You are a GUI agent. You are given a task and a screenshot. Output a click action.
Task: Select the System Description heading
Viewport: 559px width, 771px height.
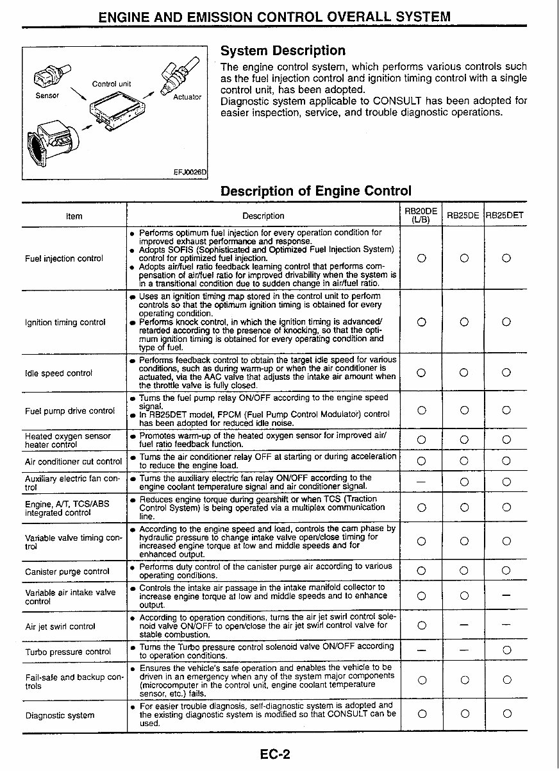(x=283, y=51)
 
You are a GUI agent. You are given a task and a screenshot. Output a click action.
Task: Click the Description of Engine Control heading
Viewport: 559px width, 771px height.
(x=315, y=191)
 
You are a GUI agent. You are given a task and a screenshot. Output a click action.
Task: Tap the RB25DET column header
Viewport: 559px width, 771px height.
(x=505, y=216)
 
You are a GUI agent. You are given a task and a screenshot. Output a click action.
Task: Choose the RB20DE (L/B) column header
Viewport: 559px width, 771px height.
(x=421, y=216)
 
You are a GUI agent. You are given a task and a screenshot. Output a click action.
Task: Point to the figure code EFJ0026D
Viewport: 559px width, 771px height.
(x=190, y=172)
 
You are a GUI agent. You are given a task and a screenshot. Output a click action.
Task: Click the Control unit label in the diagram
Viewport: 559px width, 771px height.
(x=112, y=84)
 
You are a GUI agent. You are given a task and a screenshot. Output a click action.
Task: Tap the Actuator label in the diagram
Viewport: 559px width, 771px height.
(x=187, y=97)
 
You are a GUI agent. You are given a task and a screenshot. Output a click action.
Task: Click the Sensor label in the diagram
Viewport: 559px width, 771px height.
(x=47, y=95)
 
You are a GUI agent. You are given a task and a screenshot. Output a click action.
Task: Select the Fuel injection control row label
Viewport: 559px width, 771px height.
(x=63, y=258)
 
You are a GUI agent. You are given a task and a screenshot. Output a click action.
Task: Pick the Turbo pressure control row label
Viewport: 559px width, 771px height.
(x=67, y=652)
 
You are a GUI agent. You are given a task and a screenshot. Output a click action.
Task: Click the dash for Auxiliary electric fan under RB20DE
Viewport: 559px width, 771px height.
(x=421, y=482)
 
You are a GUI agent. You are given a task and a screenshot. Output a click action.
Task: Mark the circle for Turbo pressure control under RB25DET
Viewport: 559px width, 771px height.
(x=506, y=650)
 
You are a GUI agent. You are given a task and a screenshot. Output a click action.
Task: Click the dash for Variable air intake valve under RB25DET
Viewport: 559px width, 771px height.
(x=506, y=596)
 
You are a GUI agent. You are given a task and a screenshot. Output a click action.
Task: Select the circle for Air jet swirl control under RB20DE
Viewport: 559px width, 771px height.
(x=421, y=625)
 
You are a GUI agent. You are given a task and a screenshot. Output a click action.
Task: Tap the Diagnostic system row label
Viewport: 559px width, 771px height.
(x=60, y=715)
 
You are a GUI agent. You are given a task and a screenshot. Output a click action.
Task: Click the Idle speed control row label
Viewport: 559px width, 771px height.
(x=58, y=373)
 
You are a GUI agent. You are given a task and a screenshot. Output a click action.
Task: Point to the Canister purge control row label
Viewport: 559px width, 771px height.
(x=67, y=572)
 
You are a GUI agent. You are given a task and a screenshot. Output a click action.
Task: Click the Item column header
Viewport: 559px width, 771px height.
(x=74, y=216)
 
